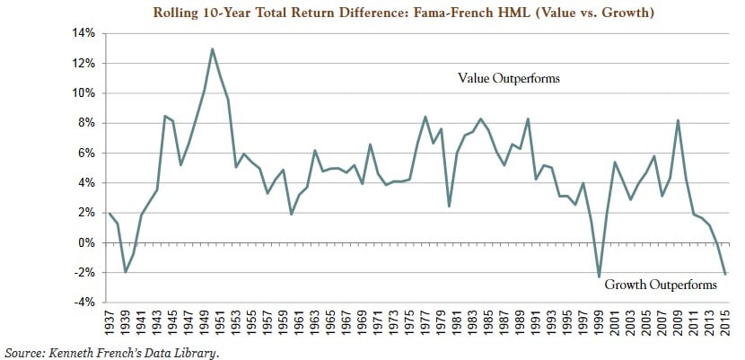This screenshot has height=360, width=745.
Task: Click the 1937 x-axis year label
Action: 109,320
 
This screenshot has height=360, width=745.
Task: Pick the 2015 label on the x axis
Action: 725,320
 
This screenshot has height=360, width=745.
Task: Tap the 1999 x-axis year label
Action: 599,320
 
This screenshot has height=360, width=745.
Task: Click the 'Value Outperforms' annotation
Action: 509,79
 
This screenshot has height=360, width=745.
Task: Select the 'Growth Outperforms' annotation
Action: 661,285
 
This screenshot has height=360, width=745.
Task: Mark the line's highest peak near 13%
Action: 212,48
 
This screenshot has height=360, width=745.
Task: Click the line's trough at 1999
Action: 599,277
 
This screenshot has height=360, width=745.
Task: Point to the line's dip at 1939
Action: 126,271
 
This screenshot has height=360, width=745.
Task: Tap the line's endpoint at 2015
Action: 725,274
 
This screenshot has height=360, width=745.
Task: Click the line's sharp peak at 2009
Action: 678,120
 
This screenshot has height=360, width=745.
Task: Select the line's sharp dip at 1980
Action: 449,206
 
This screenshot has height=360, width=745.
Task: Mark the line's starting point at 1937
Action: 109,214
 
